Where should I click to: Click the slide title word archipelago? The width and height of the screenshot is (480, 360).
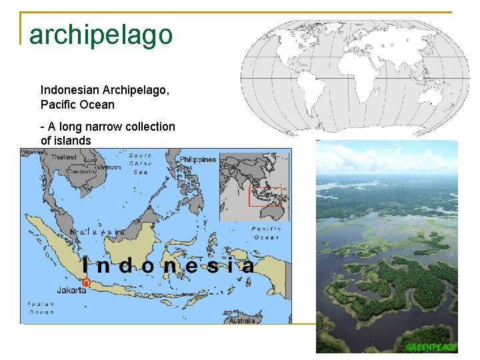tap(101, 35)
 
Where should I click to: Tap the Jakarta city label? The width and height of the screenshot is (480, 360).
tap(71, 291)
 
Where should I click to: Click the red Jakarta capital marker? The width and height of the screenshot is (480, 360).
tap(86, 283)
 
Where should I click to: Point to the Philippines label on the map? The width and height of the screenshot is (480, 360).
tap(198, 160)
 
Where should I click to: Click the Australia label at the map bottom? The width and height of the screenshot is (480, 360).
tap(242, 321)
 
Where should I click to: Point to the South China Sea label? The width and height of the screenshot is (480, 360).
tap(140, 163)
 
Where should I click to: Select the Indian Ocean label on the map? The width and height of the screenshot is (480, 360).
tap(41, 307)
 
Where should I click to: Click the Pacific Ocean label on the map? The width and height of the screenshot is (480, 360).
tap(267, 233)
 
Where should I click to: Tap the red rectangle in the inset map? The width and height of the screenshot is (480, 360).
tap(265, 197)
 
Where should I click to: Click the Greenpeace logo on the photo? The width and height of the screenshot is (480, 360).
tap(431, 347)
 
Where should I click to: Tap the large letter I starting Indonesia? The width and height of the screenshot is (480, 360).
tap(85, 266)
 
